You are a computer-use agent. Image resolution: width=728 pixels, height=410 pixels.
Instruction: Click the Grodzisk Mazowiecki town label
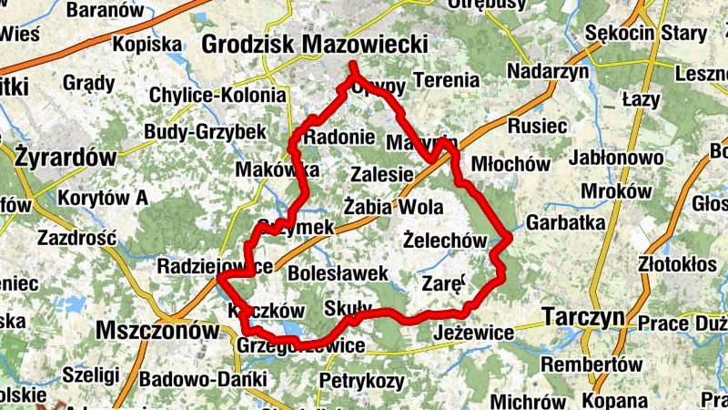[x=314, y=43]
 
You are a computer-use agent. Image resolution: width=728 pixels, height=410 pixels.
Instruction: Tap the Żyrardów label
[x=66, y=157]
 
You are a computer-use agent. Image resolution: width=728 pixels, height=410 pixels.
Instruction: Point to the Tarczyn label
[x=582, y=316]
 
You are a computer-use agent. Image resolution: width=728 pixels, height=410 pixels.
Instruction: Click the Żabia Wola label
[x=394, y=205]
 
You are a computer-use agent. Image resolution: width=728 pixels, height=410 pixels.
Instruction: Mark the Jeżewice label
[x=474, y=333]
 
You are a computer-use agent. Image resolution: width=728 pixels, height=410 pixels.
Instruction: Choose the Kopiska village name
[x=148, y=43]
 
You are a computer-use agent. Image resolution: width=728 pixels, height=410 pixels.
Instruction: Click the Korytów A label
[x=103, y=198]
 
